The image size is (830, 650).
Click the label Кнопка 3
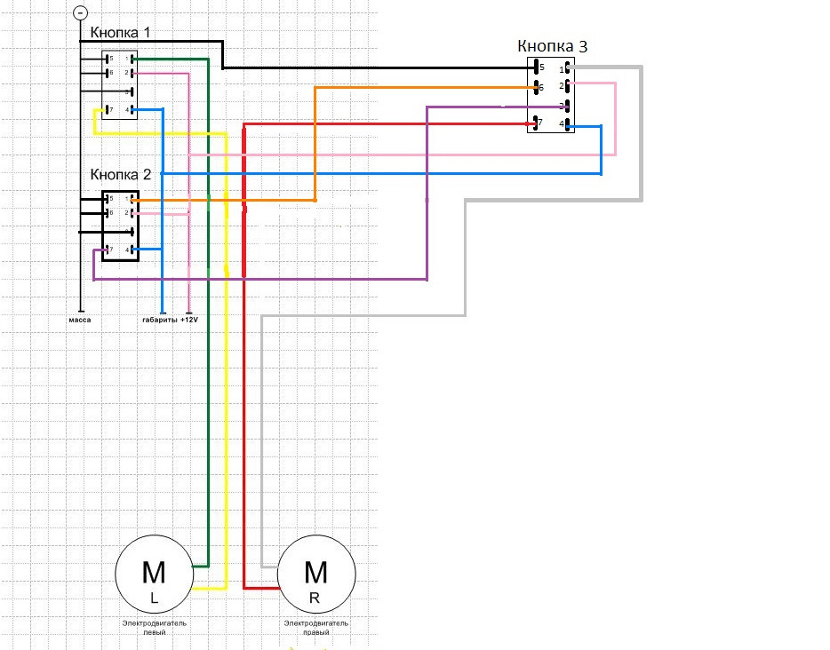click(x=552, y=46)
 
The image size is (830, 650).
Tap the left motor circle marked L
click(x=154, y=576)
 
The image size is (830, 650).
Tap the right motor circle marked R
click(x=316, y=576)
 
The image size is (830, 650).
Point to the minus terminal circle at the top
click(x=80, y=13)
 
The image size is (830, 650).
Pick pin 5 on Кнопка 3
click(x=539, y=67)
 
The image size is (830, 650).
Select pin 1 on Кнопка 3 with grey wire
click(x=563, y=67)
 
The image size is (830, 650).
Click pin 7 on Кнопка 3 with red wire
click(x=539, y=123)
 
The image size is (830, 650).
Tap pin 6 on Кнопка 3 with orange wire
click(x=539, y=87)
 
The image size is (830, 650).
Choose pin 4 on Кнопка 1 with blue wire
click(x=131, y=110)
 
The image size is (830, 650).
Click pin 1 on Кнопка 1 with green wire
click(x=131, y=59)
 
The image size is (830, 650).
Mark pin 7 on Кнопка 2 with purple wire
click(x=108, y=250)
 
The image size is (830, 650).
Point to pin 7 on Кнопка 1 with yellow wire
click(x=108, y=110)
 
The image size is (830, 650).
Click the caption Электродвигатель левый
click(x=154, y=628)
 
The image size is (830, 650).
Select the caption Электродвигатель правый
click(x=315, y=628)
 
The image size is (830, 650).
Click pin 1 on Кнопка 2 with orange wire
click(x=132, y=200)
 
